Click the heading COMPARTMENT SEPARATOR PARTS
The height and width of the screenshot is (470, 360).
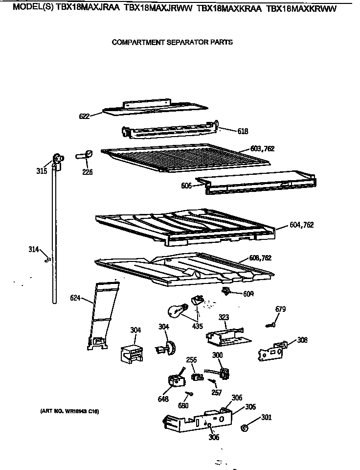172,42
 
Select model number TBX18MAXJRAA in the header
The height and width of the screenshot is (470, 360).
89,8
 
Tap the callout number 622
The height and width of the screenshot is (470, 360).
85,117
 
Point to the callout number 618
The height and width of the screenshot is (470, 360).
243,131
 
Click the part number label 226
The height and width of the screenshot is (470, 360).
88,172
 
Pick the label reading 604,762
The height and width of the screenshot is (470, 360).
301,225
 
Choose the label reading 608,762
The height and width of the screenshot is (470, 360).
260,258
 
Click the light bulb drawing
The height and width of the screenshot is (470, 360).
175,309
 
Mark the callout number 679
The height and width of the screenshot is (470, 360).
280,309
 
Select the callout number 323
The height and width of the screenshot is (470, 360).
224,318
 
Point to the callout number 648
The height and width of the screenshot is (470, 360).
163,399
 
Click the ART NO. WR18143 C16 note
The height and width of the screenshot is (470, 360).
69,411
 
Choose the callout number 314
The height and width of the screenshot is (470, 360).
34,250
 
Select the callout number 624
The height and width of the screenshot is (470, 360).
76,297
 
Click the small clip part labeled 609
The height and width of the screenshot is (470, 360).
226,292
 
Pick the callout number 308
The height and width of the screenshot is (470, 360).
302,340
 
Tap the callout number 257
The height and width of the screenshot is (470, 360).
217,393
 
